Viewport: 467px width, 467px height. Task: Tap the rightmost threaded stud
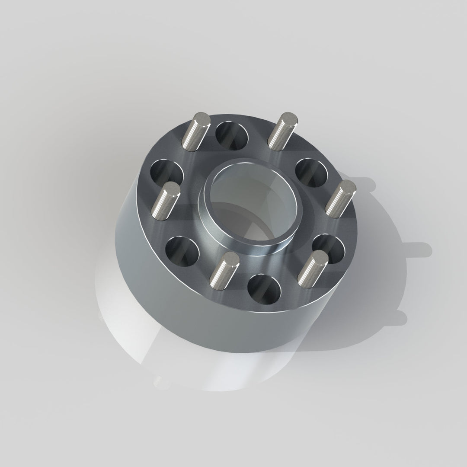(x=340, y=199)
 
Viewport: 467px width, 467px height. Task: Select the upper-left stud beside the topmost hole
(x=197, y=132)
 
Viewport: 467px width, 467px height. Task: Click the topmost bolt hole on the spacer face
(x=232, y=135)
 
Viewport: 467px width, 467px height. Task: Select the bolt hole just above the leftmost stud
(x=166, y=173)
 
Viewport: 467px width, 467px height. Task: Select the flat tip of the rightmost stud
(x=347, y=188)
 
